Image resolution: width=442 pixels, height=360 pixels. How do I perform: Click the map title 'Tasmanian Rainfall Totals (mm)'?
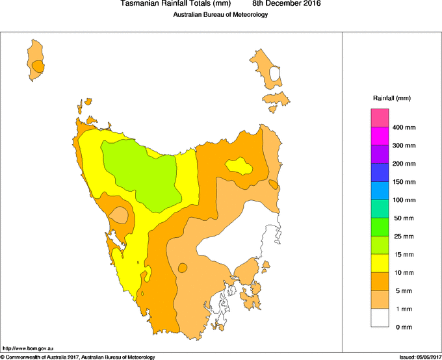(x=175, y=4)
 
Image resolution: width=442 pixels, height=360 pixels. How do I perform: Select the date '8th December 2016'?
(x=286, y=4)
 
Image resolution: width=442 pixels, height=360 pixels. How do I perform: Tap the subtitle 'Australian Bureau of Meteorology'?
(x=220, y=14)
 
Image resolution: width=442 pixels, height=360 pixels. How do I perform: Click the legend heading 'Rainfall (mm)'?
(x=391, y=98)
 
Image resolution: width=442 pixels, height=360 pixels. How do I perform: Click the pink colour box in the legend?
(x=380, y=118)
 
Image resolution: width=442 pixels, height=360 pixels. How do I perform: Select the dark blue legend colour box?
(x=380, y=173)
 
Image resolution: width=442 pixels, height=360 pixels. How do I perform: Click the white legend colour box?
(x=380, y=318)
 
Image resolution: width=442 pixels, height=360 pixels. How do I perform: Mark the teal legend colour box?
(x=380, y=209)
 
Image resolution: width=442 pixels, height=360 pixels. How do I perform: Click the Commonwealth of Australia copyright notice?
(x=78, y=357)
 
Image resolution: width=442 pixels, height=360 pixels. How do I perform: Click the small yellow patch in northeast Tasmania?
(x=239, y=166)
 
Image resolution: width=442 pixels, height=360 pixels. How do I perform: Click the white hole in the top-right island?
(x=276, y=73)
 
